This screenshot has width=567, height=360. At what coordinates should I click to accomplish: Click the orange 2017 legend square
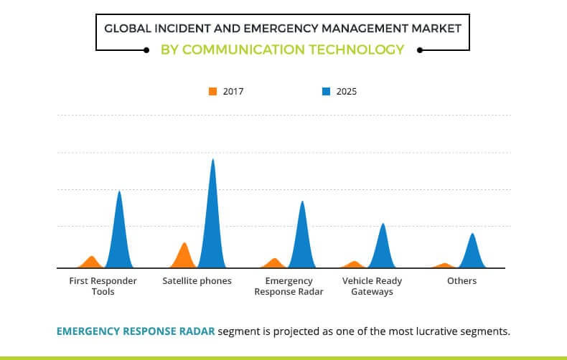point(212,91)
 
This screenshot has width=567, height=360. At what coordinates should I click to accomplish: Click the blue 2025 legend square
point(326,91)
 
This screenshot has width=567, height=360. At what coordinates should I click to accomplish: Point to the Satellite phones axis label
point(197,281)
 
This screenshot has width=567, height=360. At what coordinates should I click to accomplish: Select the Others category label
point(461,281)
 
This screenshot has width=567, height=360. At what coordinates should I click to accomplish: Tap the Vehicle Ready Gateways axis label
point(372,286)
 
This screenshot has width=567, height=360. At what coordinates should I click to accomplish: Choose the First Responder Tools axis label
point(103,286)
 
